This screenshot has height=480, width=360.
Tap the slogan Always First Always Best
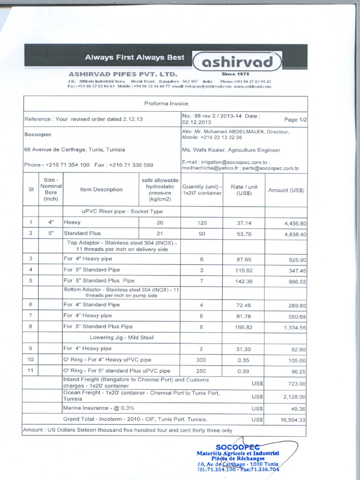tap(135, 58)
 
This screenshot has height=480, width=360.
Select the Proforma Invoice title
tap(166, 104)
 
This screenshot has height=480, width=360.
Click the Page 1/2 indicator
tap(295, 120)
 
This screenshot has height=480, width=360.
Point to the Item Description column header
tap(101, 189)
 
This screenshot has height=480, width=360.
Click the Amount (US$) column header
tap(286, 190)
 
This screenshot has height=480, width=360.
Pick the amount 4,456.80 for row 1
tap(295, 224)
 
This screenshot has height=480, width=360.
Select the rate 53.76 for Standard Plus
tap(244, 233)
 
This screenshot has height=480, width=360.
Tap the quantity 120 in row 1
tap(202, 223)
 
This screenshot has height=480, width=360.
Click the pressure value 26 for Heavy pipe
tap(160, 223)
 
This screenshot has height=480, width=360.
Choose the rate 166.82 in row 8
tap(244, 327)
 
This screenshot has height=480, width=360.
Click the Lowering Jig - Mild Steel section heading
tap(121, 337)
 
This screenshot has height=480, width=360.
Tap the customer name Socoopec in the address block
tap(38, 134)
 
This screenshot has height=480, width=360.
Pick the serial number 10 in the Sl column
tap(31, 360)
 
